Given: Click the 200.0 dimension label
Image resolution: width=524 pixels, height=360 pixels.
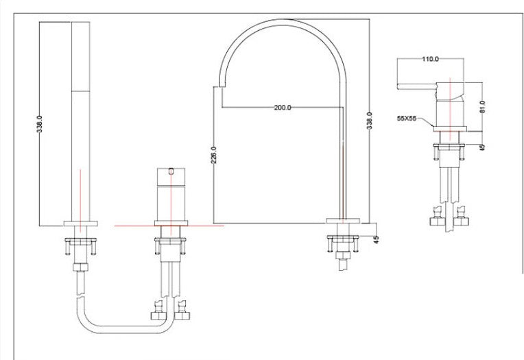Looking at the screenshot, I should [282, 108].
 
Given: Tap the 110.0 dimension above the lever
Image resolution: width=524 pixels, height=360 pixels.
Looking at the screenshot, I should [430, 60].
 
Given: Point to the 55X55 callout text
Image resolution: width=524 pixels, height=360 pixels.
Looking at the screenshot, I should [407, 119].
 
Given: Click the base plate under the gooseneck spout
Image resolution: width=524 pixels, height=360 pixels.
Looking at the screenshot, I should [343, 221].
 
